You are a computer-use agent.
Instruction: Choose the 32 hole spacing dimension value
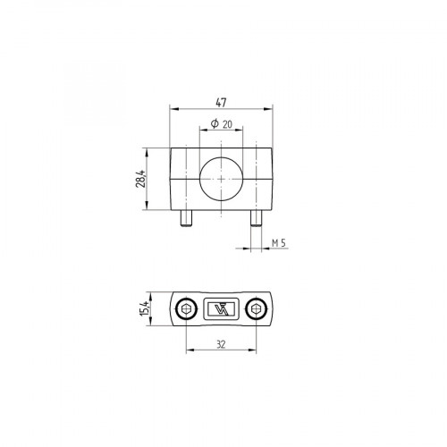pyautogui.click(x=221, y=343)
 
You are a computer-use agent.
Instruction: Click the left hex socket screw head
pyautogui.click(x=185, y=309)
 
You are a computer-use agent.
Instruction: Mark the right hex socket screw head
pyautogui.click(x=257, y=309)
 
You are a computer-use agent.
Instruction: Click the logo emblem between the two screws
pyautogui.click(x=221, y=309)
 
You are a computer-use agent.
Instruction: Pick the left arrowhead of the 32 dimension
pyautogui.click(x=188, y=350)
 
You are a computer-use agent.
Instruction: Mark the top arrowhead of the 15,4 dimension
pyautogui.click(x=150, y=295)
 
